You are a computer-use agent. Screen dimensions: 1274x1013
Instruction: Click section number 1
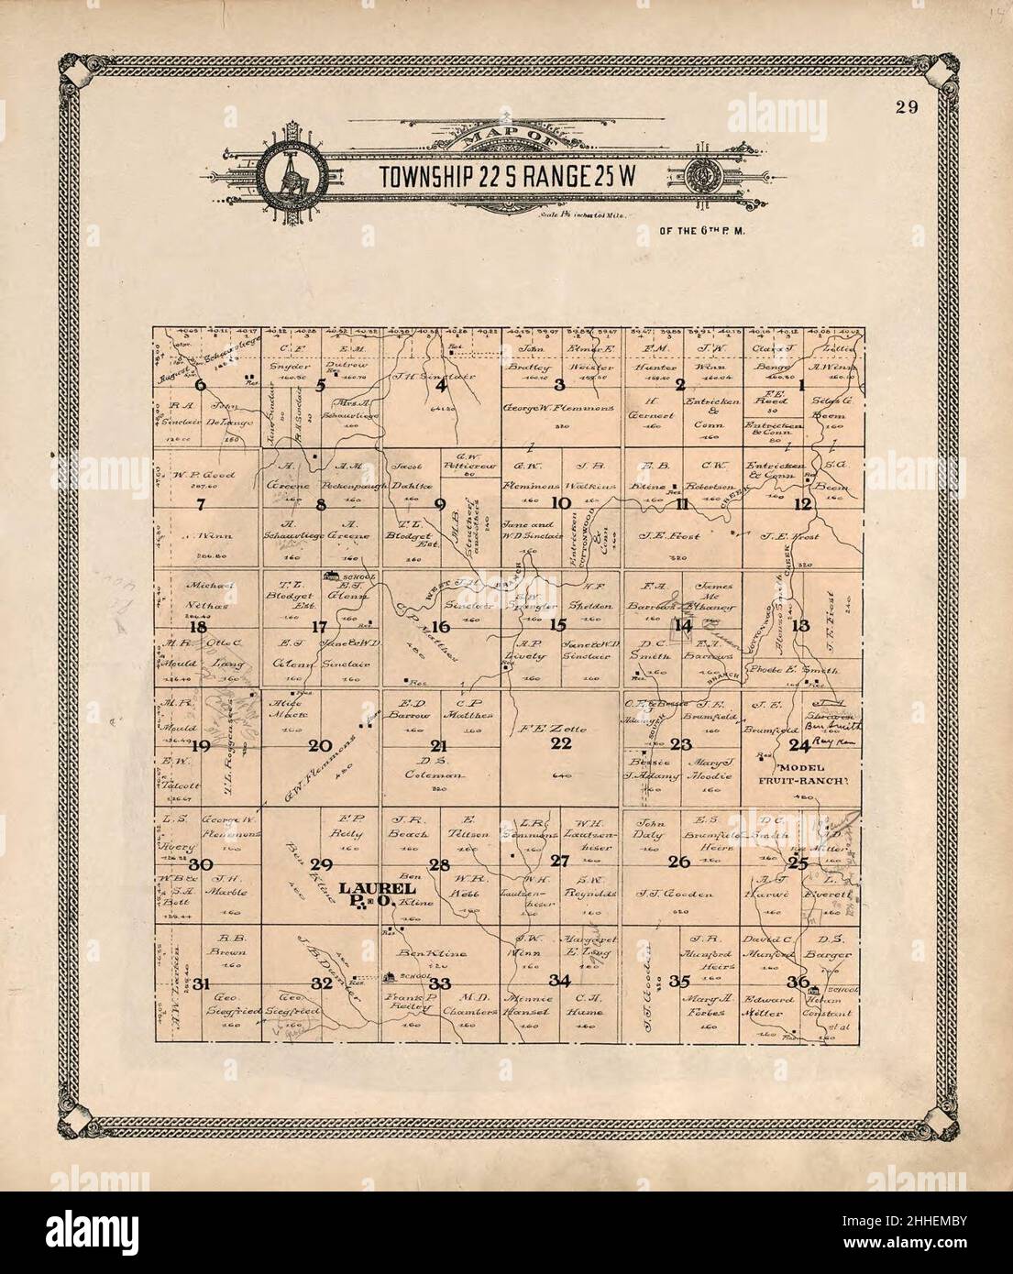(x=802, y=386)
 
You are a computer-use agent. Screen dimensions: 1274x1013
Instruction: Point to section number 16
(x=440, y=627)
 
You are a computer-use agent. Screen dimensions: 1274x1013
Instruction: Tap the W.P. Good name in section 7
(x=208, y=476)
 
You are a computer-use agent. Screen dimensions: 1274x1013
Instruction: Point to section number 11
(x=681, y=502)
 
